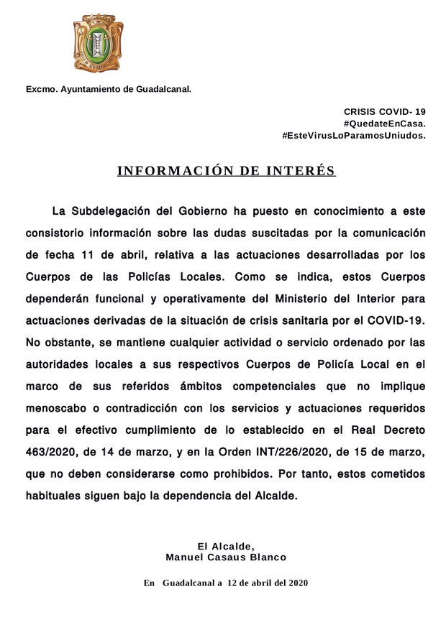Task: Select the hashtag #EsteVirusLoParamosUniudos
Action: (x=354, y=135)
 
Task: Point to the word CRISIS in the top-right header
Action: (x=360, y=112)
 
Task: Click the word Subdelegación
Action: (x=113, y=211)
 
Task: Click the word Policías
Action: (x=144, y=276)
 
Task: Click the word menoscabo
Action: (x=60, y=407)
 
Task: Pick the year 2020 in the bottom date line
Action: (x=296, y=583)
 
